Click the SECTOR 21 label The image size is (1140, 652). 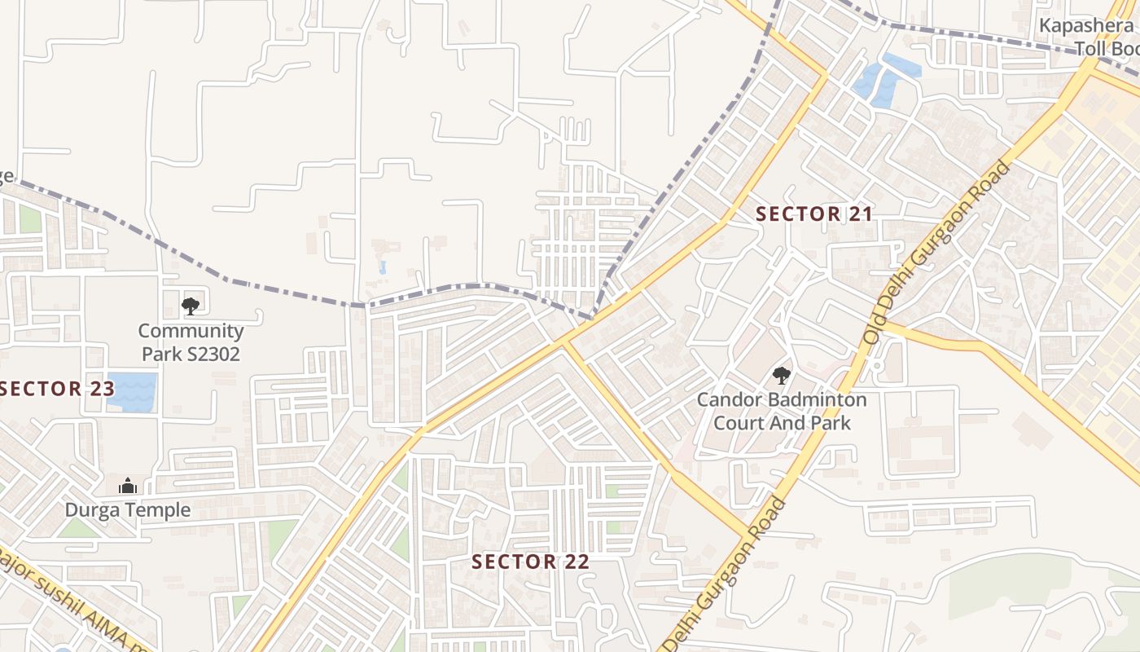813,214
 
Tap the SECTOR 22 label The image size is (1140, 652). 530,562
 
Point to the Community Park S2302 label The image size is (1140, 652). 191,342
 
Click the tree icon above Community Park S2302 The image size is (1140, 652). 191,306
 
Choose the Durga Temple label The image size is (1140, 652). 128,510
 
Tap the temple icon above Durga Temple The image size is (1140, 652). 128,487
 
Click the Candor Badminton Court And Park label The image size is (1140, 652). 782,412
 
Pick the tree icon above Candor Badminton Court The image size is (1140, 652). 781,375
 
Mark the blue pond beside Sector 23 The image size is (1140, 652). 131,391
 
